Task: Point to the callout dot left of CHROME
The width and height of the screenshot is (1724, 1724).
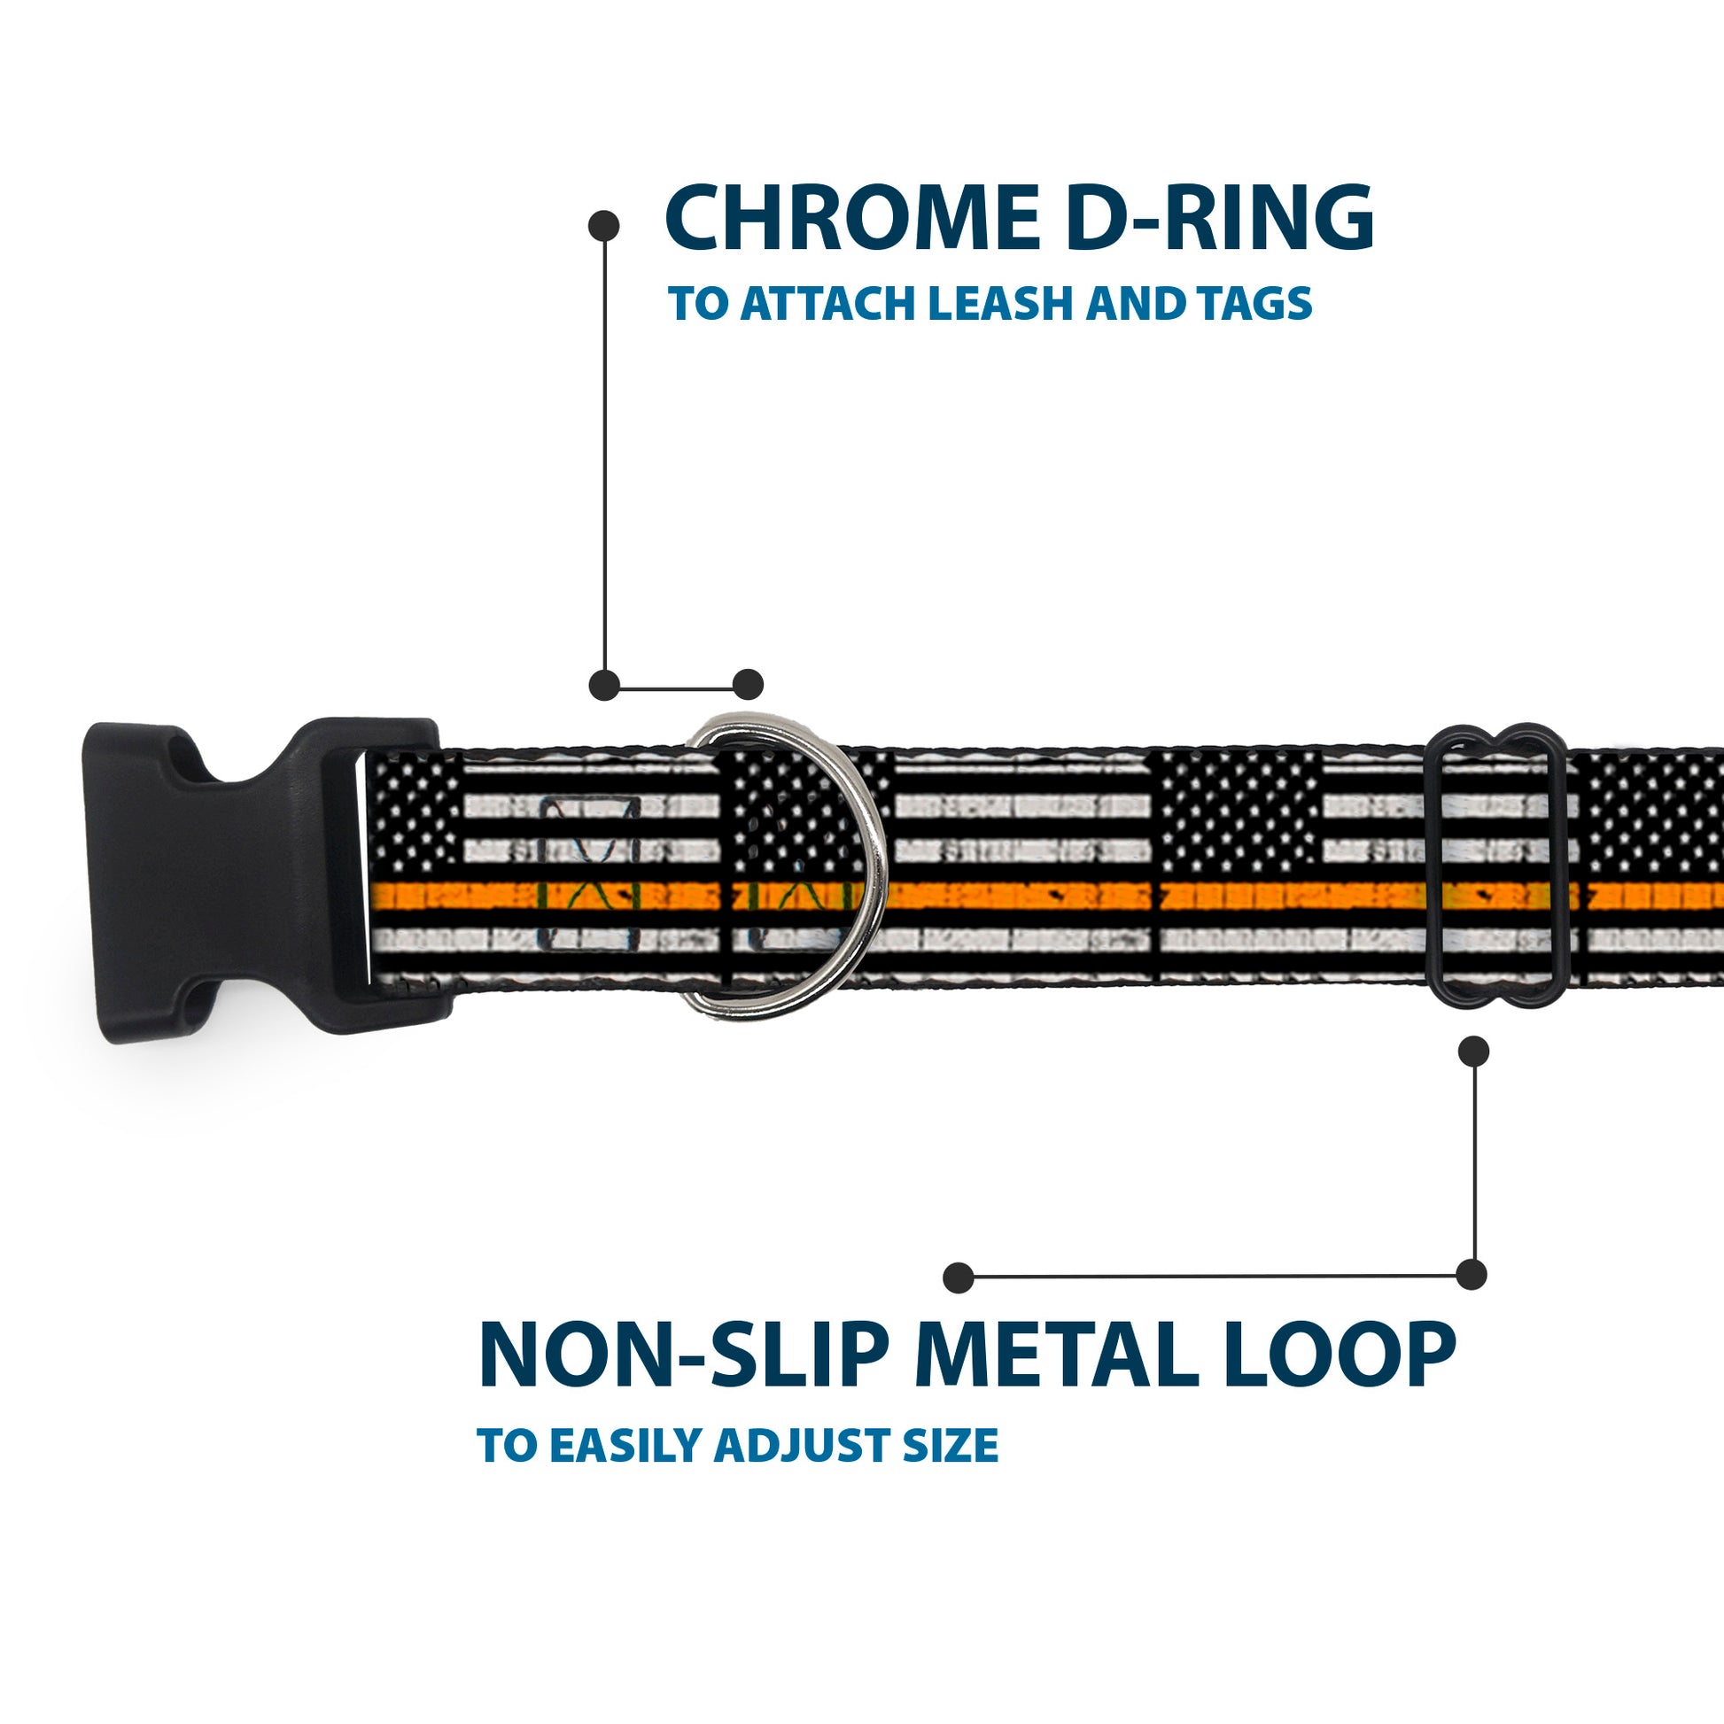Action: [x=604, y=226]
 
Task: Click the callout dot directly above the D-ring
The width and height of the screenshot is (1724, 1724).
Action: [x=748, y=685]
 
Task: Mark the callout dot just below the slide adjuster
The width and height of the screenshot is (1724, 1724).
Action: [x=1473, y=1052]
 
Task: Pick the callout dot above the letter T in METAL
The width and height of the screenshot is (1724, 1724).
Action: [x=959, y=1277]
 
